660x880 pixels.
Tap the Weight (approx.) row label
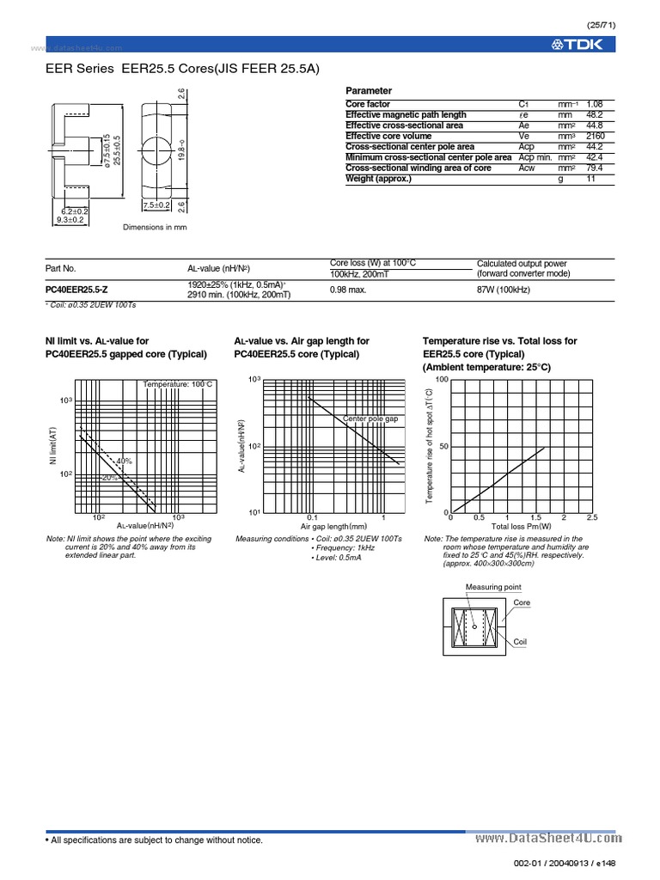click(x=378, y=179)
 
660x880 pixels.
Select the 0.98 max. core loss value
click(x=349, y=290)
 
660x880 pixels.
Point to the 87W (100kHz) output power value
click(x=504, y=290)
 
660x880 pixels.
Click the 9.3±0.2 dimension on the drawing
click(x=70, y=220)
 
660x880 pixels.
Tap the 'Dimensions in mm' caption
click(x=155, y=227)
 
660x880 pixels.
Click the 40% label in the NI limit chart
click(x=124, y=461)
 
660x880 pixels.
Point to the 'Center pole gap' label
click(x=371, y=419)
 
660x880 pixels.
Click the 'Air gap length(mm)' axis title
click(x=333, y=526)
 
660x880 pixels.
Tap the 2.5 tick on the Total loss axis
click(x=591, y=518)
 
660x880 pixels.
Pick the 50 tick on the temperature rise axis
click(x=443, y=446)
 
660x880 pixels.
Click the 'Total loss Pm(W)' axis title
click(x=522, y=526)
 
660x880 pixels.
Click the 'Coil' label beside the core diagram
click(x=520, y=642)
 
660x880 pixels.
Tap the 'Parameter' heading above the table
click(x=368, y=90)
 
